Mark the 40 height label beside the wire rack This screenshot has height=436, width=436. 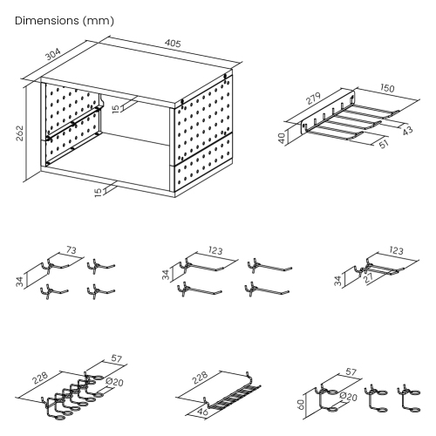tap(281, 138)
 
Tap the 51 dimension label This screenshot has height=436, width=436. tap(384, 146)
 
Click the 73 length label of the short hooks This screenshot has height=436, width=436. tap(71, 251)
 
